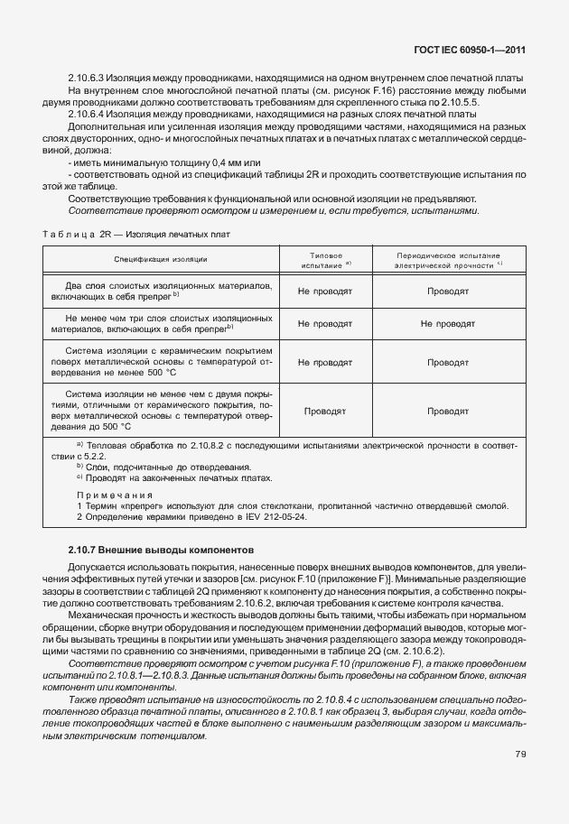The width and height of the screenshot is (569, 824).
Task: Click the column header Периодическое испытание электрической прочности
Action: tap(447, 260)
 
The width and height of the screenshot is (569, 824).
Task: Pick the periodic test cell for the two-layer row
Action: tap(447, 292)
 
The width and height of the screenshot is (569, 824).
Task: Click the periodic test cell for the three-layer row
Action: tap(447, 324)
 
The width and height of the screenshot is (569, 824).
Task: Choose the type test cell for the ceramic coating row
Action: tap(324, 362)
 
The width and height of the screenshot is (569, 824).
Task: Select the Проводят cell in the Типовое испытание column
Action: tap(324, 410)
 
